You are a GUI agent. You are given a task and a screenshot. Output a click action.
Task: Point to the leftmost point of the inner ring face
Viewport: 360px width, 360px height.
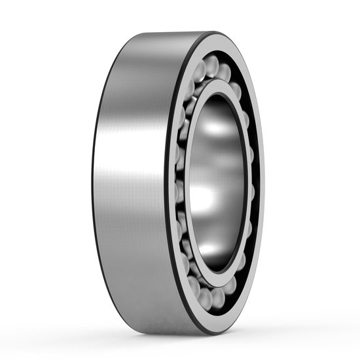click(186, 183)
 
